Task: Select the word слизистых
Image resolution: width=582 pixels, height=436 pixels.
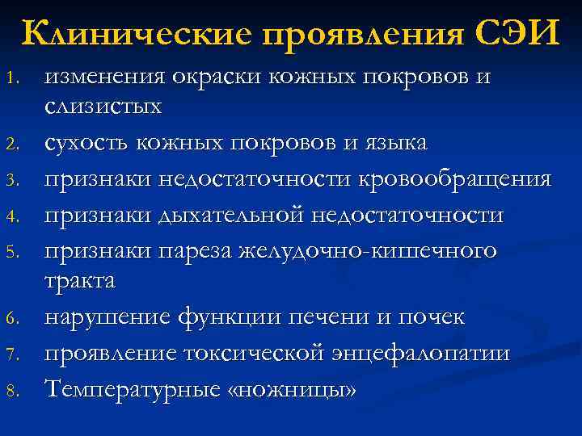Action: click(103, 107)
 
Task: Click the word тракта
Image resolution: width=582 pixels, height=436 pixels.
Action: click(80, 282)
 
